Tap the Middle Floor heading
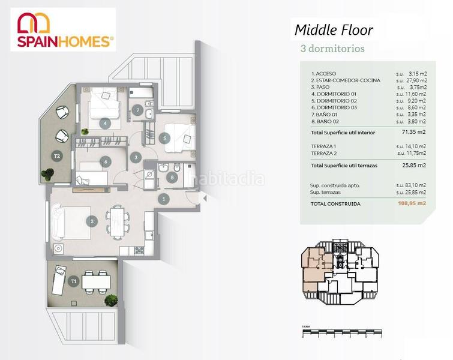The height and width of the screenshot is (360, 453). click(334, 30)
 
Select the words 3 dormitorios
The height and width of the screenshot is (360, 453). click(331, 49)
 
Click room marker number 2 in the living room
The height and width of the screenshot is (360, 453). click(92, 221)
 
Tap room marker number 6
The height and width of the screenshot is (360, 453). click(105, 161)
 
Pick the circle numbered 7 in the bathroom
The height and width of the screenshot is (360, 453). click(137, 110)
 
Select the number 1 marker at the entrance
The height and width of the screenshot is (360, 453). click(163, 199)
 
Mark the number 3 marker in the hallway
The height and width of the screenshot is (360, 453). click(137, 158)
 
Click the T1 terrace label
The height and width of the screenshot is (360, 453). click(74, 280)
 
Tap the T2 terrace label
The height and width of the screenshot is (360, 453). click(58, 156)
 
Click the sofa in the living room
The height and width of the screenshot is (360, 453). click(58, 221)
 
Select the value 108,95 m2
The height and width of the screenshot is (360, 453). click(413, 203)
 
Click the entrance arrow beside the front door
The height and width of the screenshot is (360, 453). click(202, 197)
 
